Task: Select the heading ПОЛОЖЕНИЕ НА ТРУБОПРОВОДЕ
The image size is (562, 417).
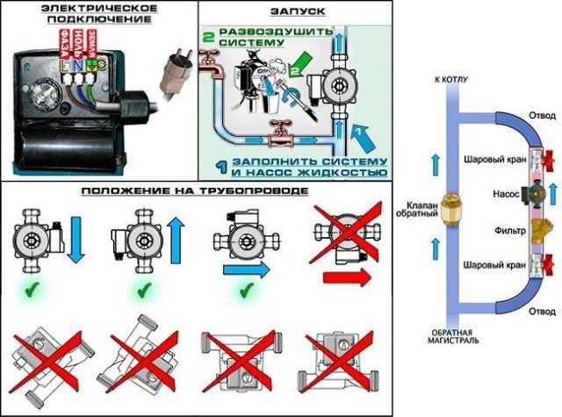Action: point(194,191)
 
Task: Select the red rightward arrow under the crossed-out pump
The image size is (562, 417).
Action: point(345,278)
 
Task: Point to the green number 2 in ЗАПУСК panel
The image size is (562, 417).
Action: point(209,38)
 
